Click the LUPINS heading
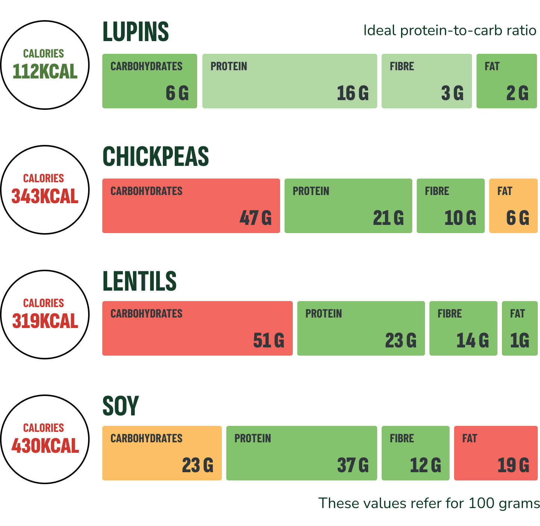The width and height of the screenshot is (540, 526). pyautogui.click(x=136, y=32)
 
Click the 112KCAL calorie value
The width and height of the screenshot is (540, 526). pyautogui.click(x=45, y=71)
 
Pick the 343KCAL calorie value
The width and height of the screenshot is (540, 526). pyautogui.click(x=45, y=196)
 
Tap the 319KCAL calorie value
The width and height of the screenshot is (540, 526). pyautogui.click(x=45, y=321)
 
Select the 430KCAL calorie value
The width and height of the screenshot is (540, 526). pyautogui.click(x=45, y=445)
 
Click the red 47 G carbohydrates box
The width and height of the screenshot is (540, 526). pyautogui.click(x=191, y=206)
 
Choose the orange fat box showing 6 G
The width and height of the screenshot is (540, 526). pyautogui.click(x=513, y=206)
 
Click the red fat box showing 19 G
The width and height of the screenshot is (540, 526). pyautogui.click(x=496, y=453)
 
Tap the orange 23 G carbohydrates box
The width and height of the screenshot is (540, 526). pyautogui.click(x=162, y=453)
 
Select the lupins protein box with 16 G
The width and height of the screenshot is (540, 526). pyautogui.click(x=289, y=81)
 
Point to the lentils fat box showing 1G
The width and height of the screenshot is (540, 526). pyautogui.click(x=519, y=328)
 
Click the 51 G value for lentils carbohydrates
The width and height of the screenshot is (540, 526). pyautogui.click(x=269, y=340)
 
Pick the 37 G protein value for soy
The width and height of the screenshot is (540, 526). pyautogui.click(x=353, y=465)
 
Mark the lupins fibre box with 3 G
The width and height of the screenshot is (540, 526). pyautogui.click(x=426, y=81)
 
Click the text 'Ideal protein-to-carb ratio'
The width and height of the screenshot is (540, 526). pyautogui.click(x=450, y=30)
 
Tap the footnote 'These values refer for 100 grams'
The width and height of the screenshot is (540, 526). pyautogui.click(x=429, y=503)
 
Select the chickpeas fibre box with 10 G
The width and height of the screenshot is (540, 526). pyautogui.click(x=450, y=206)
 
